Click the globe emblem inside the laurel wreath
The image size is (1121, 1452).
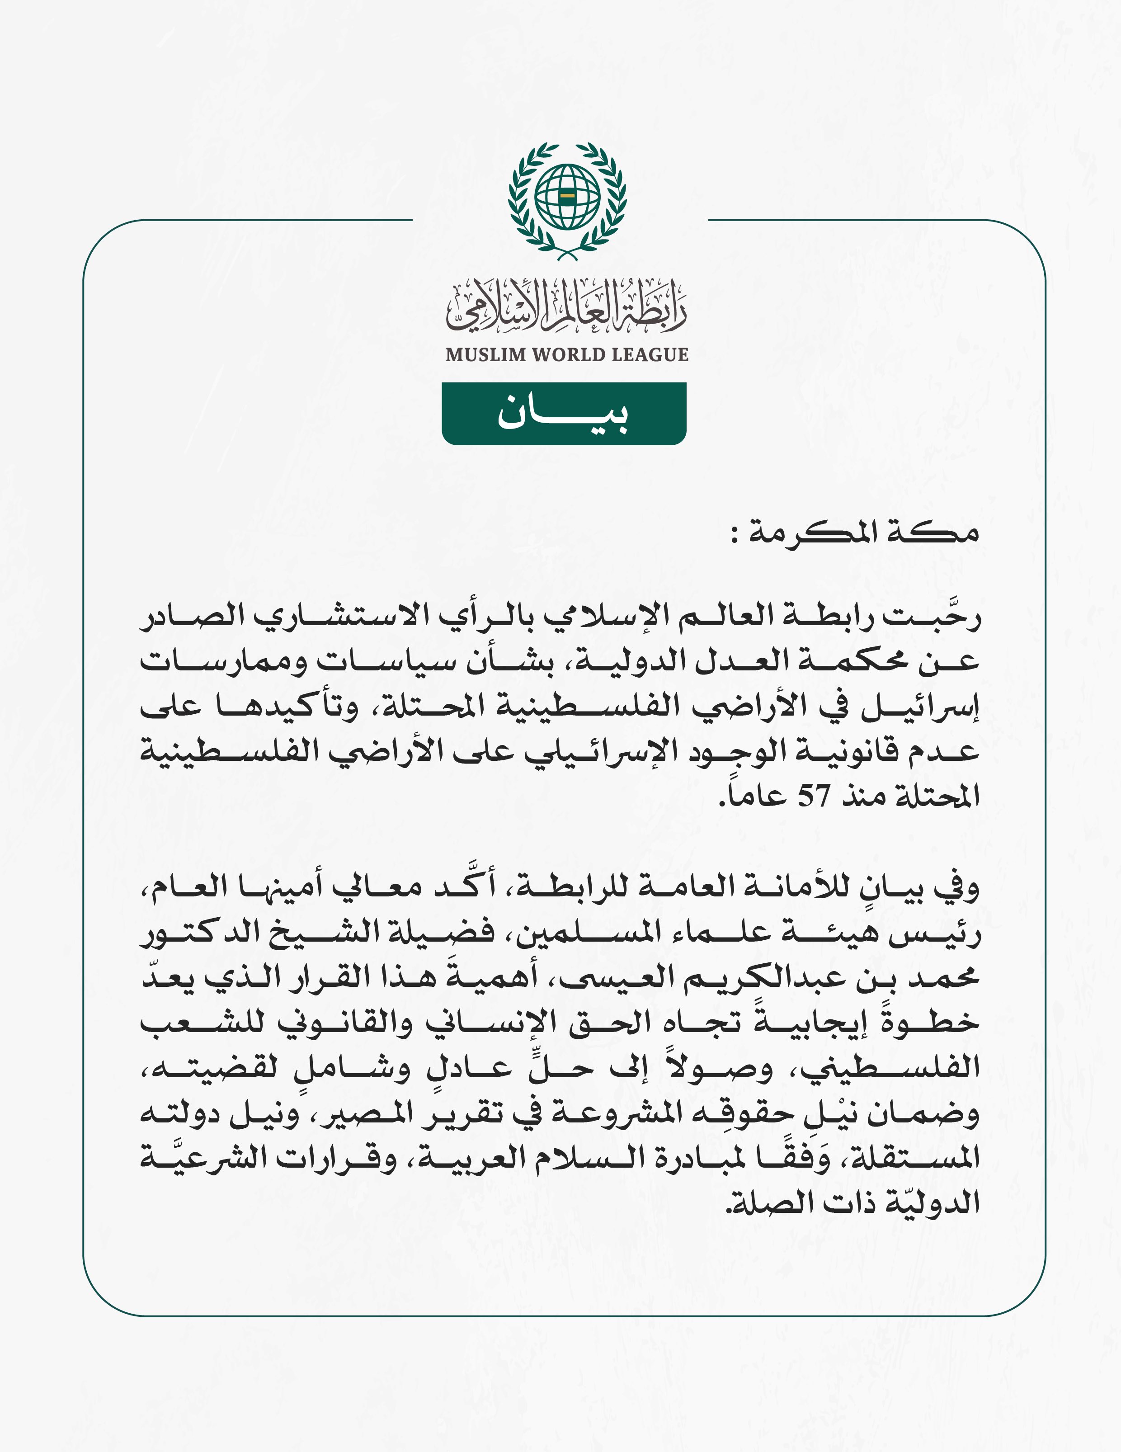pyautogui.click(x=567, y=197)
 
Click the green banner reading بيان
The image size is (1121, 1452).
pyautogui.click(x=564, y=414)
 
